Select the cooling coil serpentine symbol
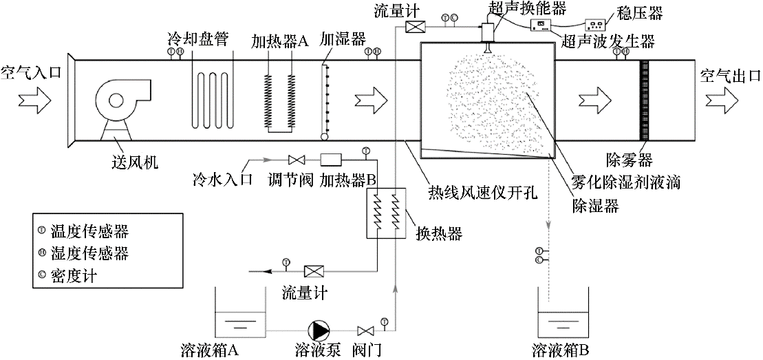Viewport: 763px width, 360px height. (213, 97)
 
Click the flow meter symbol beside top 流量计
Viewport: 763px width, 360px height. (415, 26)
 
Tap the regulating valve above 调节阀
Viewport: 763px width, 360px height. (297, 158)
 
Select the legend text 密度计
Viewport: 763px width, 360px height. (71, 274)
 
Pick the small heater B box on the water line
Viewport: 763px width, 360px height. (332, 158)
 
